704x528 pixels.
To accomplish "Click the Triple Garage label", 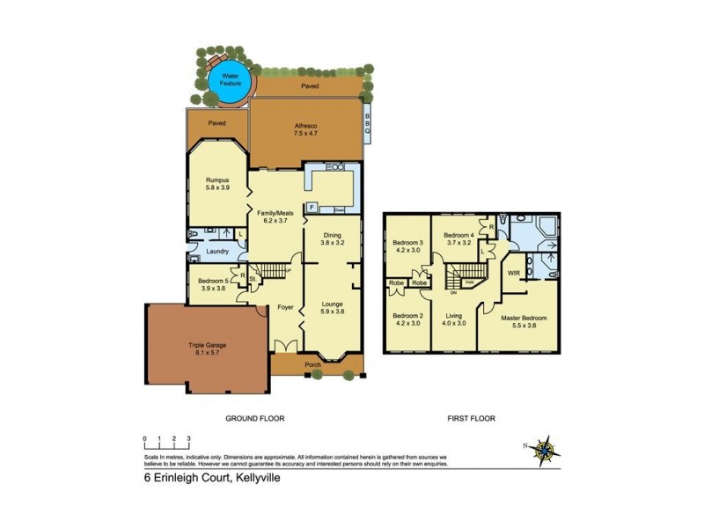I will tap(209, 349).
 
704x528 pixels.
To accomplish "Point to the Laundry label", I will tap(217, 252).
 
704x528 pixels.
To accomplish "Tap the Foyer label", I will tap(285, 308).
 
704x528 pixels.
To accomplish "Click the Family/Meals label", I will tap(274, 216).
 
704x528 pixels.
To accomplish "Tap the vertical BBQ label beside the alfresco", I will tap(368, 124).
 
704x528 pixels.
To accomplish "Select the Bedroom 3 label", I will tap(407, 246).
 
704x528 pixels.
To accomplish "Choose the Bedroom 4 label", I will tap(458, 239).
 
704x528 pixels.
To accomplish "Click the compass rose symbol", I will tap(546, 451).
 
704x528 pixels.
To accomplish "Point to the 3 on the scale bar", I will tap(188, 438).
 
